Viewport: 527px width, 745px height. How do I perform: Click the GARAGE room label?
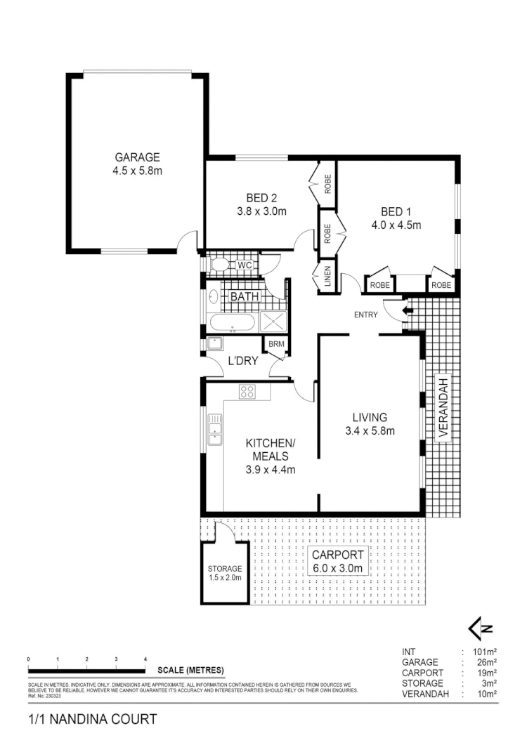[x=138, y=157]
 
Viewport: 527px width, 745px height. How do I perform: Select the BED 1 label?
[x=396, y=211]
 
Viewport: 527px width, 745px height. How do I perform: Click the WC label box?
[x=244, y=265]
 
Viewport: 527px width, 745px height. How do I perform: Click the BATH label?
[x=245, y=297]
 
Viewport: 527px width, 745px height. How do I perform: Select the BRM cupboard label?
[x=273, y=344]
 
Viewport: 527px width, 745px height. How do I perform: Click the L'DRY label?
[x=242, y=362]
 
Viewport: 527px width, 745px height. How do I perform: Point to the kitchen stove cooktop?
[x=247, y=393]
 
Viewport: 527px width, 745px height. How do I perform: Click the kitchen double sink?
[x=215, y=429]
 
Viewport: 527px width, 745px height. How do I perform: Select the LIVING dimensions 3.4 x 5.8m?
[x=370, y=430]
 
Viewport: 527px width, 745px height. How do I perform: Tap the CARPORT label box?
[x=338, y=561]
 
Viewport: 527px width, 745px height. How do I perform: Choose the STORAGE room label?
[x=225, y=573]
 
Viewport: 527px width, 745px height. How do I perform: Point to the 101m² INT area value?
[x=486, y=652]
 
